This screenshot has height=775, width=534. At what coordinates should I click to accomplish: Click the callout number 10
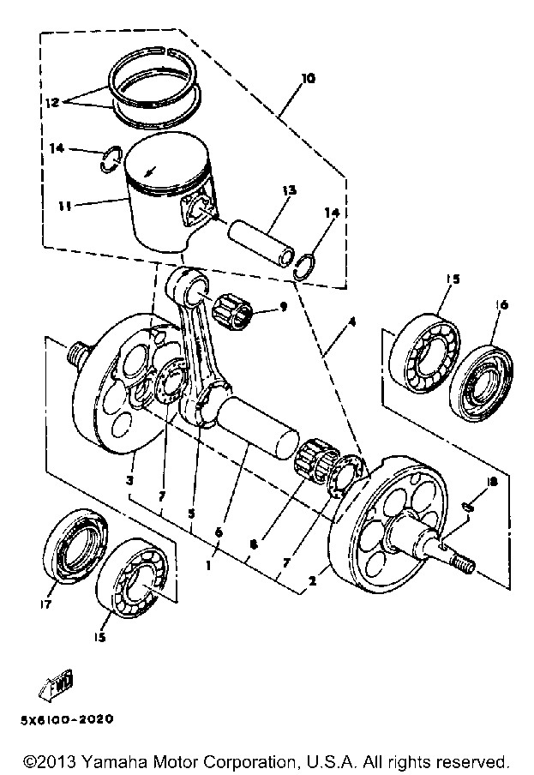pos(308,78)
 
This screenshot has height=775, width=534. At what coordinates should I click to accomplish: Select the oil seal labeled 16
pos(482,380)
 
